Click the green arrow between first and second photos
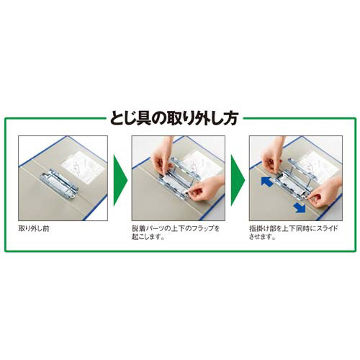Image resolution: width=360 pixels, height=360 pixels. coord(120,178)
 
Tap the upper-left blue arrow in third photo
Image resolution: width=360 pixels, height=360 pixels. coord(266,184)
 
